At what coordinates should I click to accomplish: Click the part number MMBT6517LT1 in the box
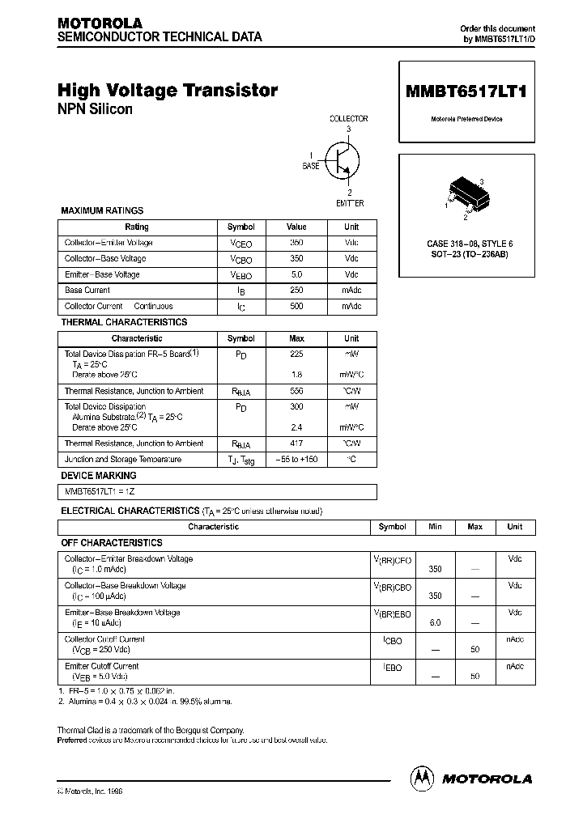click(466, 92)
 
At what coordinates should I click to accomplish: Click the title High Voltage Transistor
click(168, 91)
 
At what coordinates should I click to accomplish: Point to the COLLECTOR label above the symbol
click(348, 118)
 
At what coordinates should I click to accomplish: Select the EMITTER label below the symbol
click(350, 203)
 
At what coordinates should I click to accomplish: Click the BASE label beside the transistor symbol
click(310, 165)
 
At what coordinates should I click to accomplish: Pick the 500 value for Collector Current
click(296, 307)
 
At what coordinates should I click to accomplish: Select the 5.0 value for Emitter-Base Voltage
click(296, 274)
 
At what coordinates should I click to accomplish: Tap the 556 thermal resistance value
click(296, 391)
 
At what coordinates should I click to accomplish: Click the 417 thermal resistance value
click(296, 443)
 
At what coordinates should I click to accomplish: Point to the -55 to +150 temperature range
click(296, 460)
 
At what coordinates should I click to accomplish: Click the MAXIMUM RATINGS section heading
click(102, 210)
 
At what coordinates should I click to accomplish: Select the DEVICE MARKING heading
click(99, 476)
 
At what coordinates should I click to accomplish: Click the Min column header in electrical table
click(435, 527)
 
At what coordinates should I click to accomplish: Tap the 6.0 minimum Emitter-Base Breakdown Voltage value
click(435, 623)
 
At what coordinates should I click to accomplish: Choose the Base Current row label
click(87, 291)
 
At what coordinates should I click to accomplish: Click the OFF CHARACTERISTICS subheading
click(112, 543)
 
